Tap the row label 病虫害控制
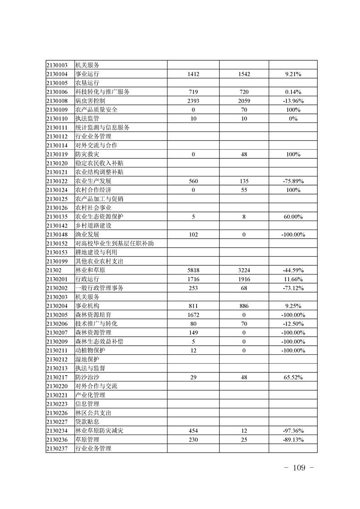click(x=90, y=101)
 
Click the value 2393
click(x=193, y=101)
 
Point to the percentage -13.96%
click(x=293, y=101)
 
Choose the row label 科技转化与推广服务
click(x=103, y=92)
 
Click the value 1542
click(x=244, y=74)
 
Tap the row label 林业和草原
click(x=90, y=270)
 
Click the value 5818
click(x=193, y=270)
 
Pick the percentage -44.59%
click(x=293, y=270)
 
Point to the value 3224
click(x=244, y=270)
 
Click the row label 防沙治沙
click(x=87, y=377)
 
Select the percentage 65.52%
click(x=293, y=377)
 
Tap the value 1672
click(x=193, y=315)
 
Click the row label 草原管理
click(x=87, y=440)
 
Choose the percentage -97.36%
click(x=293, y=431)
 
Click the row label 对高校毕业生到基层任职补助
click(x=114, y=244)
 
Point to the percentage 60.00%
click(x=293, y=217)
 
